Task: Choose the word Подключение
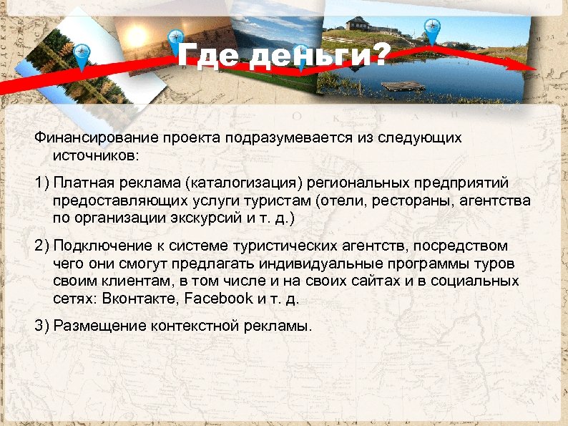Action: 98,246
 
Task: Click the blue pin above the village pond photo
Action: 431,31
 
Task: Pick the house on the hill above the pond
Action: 357,23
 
